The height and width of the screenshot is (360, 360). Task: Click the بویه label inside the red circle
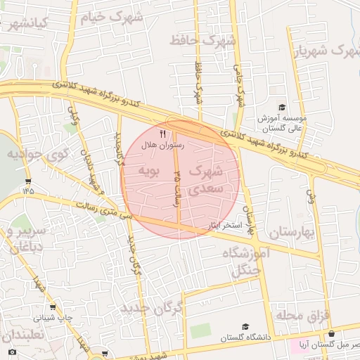click(149, 171)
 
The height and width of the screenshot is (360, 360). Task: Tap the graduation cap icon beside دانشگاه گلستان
click(245, 327)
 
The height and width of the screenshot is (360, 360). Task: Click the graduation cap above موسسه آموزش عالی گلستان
click(282, 108)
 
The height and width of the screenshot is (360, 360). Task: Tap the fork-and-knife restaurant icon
click(163, 133)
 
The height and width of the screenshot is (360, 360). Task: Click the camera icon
click(12, 352)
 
